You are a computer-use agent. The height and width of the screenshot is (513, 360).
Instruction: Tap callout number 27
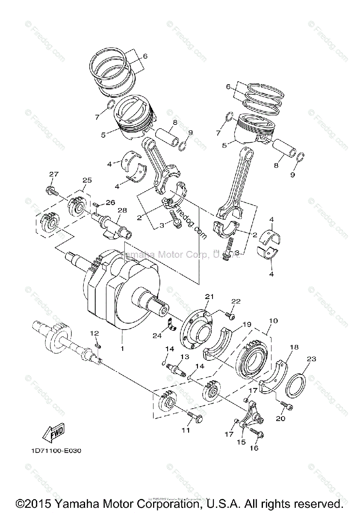[53, 174]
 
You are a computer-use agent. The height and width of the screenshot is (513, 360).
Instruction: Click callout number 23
[312, 359]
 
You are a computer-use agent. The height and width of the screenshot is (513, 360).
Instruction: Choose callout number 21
[209, 296]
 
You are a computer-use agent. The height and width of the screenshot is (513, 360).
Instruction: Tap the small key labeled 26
[97, 205]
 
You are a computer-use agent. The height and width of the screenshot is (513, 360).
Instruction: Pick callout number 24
[157, 336]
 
